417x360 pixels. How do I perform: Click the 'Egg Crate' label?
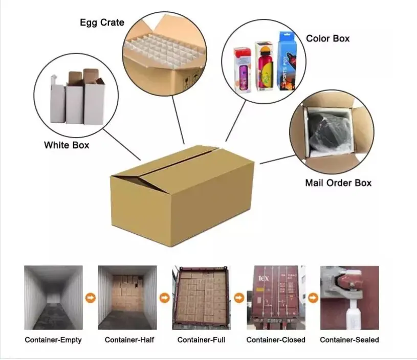pyautogui.click(x=102, y=22)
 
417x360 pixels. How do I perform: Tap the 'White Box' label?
pyautogui.click(x=67, y=145)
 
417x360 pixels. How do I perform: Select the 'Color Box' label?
pyautogui.click(x=328, y=38)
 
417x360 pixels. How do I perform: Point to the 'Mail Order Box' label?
pyautogui.click(x=338, y=183)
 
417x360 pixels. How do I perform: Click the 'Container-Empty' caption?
pyautogui.click(x=53, y=340)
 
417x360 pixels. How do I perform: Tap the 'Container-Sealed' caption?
pyautogui.click(x=349, y=340)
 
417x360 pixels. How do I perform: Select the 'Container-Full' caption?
pyautogui.click(x=201, y=340)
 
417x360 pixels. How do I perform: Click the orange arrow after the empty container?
pyautogui.click(x=90, y=297)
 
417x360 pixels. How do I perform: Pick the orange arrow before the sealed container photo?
pyautogui.click(x=312, y=297)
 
